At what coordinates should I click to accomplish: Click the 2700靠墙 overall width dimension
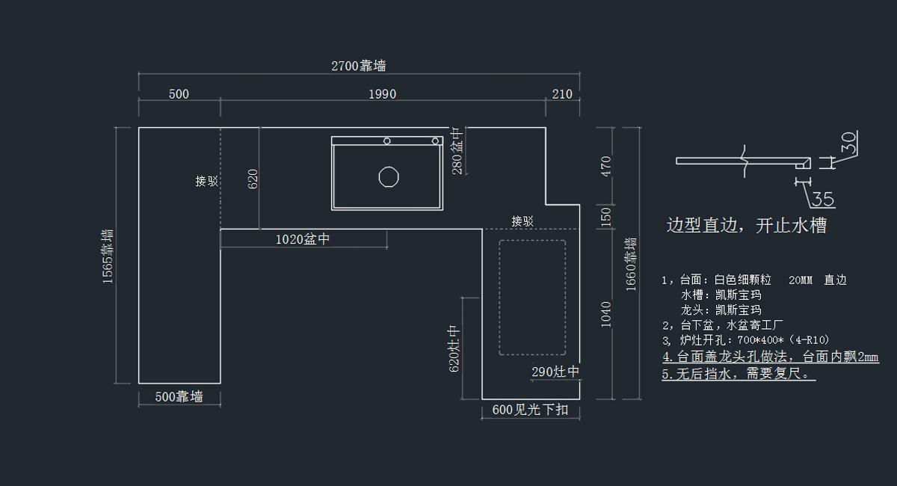pyautogui.click(x=359, y=66)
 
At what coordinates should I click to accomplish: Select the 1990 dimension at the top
pyautogui.click(x=382, y=94)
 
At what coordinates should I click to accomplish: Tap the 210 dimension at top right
pyautogui.click(x=562, y=94)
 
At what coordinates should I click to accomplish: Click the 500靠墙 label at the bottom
pyautogui.click(x=179, y=396)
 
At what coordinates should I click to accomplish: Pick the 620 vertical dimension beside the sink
pyautogui.click(x=253, y=179)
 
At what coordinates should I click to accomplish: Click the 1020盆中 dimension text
pyautogui.click(x=303, y=239)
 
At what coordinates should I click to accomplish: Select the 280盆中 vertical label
pyautogui.click(x=457, y=150)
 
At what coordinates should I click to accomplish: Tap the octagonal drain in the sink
pyautogui.click(x=387, y=177)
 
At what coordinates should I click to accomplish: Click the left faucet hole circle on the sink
pyautogui.click(x=387, y=141)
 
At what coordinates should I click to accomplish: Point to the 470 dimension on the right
pyautogui.click(x=606, y=166)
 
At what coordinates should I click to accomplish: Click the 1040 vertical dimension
pyautogui.click(x=606, y=314)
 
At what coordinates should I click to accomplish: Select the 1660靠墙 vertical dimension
pyautogui.click(x=631, y=264)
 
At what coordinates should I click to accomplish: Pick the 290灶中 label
pyautogui.click(x=555, y=372)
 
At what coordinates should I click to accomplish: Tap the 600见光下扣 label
pyautogui.click(x=531, y=410)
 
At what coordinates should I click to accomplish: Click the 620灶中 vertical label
pyautogui.click(x=454, y=348)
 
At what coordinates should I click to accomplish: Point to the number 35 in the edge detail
pyautogui.click(x=822, y=200)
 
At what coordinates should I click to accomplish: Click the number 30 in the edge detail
pyautogui.click(x=848, y=142)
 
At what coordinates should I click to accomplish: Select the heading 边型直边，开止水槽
pyautogui.click(x=746, y=226)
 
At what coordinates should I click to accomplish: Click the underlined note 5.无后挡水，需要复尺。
pyautogui.click(x=739, y=374)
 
